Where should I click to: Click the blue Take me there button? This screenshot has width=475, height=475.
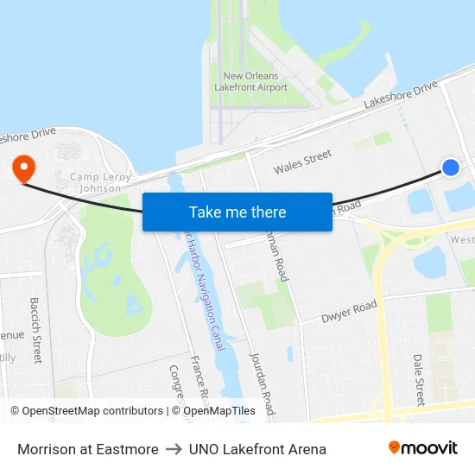tap(237, 212)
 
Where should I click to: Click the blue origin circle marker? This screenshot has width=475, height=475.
tap(450, 168)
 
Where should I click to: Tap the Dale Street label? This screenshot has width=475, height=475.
tap(420, 379)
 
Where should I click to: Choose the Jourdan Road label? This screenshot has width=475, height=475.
tap(261, 381)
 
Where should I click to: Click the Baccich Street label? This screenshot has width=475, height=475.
tap(35, 330)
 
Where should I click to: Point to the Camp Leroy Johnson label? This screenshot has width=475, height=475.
tap(100, 182)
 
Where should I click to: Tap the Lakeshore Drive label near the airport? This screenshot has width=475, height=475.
tap(400, 95)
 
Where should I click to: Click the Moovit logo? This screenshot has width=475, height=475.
tap(422, 448)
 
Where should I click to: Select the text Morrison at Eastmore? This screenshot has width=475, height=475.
tap(87, 449)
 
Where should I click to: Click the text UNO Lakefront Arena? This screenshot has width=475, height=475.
tap(258, 449)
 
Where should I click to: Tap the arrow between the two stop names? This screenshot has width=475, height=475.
tap(174, 449)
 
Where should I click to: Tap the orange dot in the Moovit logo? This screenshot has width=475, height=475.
tap(395, 447)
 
